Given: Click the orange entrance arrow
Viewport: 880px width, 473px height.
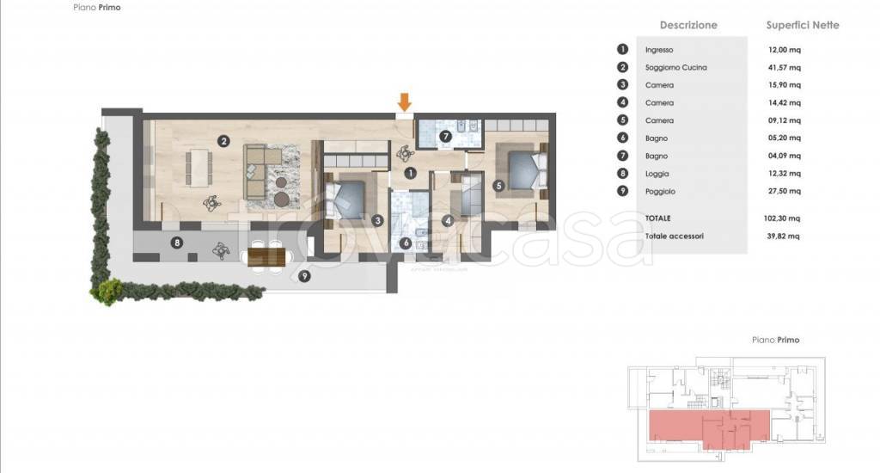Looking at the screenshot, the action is pos(405,102).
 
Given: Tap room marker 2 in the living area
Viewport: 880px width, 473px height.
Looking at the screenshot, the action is pos(224,141).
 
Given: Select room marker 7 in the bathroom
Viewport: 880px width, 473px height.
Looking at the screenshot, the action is pos(446,136).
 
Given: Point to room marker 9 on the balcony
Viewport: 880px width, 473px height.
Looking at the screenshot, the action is pos(304,276).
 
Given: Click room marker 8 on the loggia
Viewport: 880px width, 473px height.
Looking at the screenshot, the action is pos(177,243).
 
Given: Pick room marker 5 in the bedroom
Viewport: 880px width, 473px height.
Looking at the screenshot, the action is pos(498,186).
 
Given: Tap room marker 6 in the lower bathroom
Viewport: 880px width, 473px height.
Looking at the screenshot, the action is pos(406,243).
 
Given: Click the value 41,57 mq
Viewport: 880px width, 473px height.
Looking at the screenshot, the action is pos(785,67).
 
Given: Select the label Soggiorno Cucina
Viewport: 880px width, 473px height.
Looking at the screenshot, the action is pos(675,67).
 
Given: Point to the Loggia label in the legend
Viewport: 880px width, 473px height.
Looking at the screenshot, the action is pos(657,174).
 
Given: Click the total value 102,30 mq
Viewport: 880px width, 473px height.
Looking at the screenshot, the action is pos(782,218).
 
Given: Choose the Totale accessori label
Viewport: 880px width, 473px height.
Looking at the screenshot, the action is pos(674,236).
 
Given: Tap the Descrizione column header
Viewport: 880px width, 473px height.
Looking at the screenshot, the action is pos(688,25).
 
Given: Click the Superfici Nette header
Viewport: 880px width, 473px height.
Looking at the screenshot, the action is pos(803,25).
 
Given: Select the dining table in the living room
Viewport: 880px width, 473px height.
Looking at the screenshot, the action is pos(199,167).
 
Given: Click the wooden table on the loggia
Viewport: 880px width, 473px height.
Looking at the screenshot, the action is pos(266,257).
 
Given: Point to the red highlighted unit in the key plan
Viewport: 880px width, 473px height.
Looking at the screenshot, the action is pos(709,427).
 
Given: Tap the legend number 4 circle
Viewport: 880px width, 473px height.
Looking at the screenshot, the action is pos(622,102).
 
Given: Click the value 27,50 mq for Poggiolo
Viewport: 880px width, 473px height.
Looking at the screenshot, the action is pos(785,191).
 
